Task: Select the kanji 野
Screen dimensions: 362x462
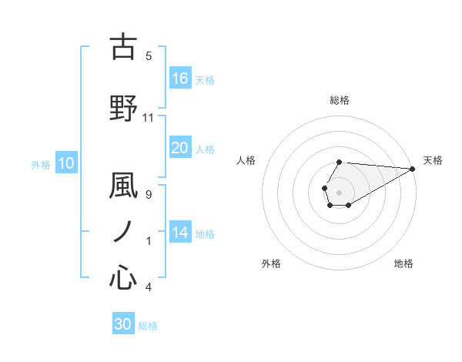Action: tap(123, 109)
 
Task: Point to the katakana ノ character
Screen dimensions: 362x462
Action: tap(123, 232)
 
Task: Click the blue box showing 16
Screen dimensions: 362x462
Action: tap(180, 78)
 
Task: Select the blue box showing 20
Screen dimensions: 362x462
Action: tap(180, 148)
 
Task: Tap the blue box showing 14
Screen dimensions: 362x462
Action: tap(180, 233)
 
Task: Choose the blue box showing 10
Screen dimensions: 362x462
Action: tap(66, 163)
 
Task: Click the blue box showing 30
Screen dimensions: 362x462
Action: tap(123, 324)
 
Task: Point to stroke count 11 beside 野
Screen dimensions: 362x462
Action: tap(149, 118)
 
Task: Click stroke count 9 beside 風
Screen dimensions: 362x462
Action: tap(149, 194)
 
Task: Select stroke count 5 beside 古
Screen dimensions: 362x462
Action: tap(149, 55)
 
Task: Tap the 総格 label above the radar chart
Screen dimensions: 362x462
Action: tap(340, 100)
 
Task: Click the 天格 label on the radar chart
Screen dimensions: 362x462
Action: tap(434, 160)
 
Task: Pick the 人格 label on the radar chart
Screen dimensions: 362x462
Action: tap(246, 160)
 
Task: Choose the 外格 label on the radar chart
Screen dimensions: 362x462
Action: tap(271, 263)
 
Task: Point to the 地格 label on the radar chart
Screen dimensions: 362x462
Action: tap(403, 263)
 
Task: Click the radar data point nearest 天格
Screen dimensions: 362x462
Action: tap(412, 169)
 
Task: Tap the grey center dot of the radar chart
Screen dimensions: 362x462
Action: tap(339, 190)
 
